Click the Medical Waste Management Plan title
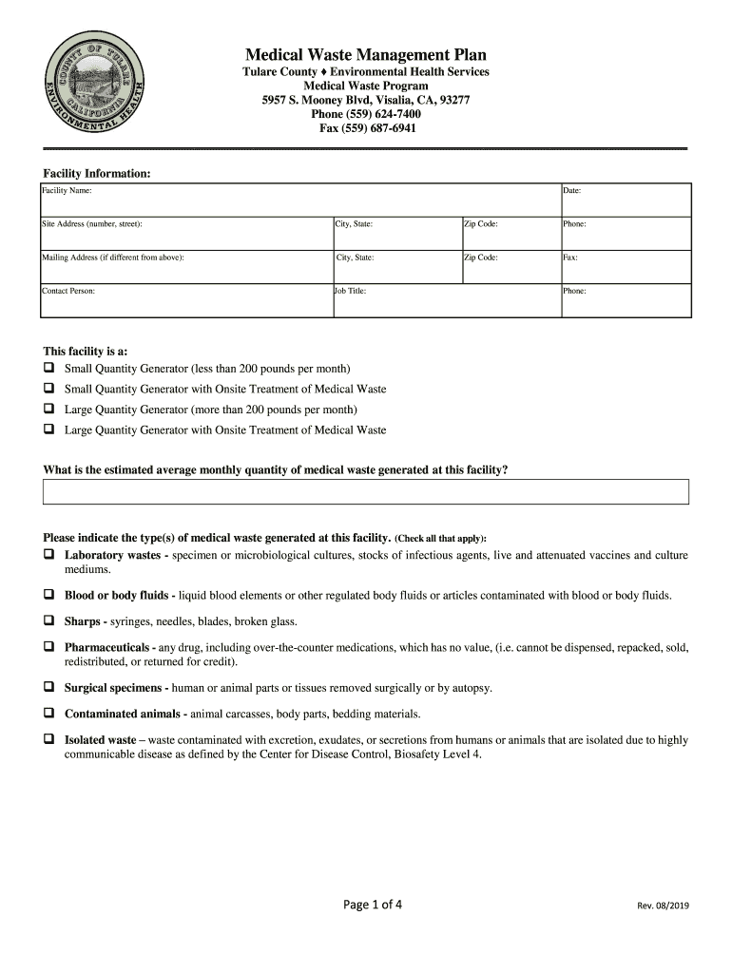pyautogui.click(x=366, y=55)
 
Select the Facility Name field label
pyautogui.click(x=67, y=191)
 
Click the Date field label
pyautogui.click(x=571, y=191)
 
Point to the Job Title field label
pyautogui.click(x=350, y=291)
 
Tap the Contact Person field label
pyautogui.click(x=68, y=291)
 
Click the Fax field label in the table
pyautogui.click(x=570, y=258)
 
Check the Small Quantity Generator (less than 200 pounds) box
pyautogui.click(x=48, y=368)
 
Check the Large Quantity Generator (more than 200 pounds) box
pyautogui.click(x=48, y=410)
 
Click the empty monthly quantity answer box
pyautogui.click(x=366, y=491)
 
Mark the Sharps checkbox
pyautogui.click(x=48, y=621)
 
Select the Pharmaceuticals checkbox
pyautogui.click(x=48, y=647)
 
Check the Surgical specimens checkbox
pyautogui.click(x=48, y=687)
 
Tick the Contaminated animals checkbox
pyautogui.click(x=48, y=714)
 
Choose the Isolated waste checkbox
pyautogui.click(x=48, y=739)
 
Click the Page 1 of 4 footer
pyautogui.click(x=373, y=905)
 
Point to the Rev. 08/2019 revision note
pyautogui.click(x=663, y=906)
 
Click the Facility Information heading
pyautogui.click(x=97, y=174)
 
